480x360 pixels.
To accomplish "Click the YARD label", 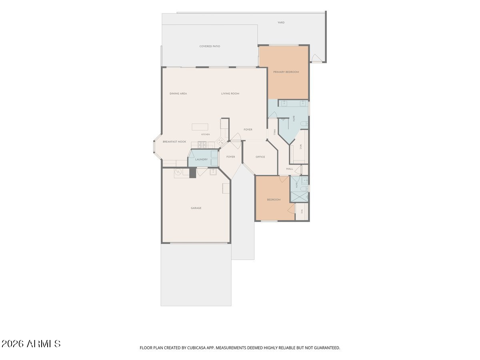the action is (x=281, y=22).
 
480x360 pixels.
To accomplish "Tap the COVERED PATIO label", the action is (x=210, y=46).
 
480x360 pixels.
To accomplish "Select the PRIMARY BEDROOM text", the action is (x=286, y=72).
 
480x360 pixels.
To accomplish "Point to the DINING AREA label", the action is (x=178, y=94).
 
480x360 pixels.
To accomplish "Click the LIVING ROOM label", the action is (x=230, y=94).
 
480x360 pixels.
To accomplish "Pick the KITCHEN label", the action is (x=205, y=134).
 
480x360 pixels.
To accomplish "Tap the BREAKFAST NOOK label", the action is (x=174, y=142).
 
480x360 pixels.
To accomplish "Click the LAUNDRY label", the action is (x=201, y=160).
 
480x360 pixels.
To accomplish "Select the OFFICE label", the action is (x=260, y=157).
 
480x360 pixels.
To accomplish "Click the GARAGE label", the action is (x=196, y=208).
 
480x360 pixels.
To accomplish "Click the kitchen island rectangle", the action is (x=200, y=127).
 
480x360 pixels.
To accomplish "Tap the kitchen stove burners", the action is (x=202, y=145).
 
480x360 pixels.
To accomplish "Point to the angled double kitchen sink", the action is (x=220, y=142).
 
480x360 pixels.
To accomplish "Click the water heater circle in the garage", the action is (x=178, y=172).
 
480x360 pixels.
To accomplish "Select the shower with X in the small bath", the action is (x=299, y=197).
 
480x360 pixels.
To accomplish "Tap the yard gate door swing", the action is (x=316, y=58).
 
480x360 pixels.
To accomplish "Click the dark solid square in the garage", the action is (x=192, y=173).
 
